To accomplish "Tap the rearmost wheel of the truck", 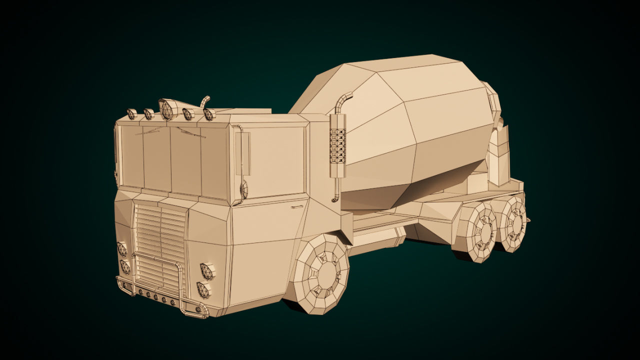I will (515, 224).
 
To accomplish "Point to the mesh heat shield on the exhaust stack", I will (338, 145).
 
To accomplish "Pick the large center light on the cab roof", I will (167, 109).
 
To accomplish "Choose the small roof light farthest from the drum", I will (132, 114).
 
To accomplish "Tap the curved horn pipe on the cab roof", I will (205, 101).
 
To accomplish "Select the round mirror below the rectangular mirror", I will (243, 190).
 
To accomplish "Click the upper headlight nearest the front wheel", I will (207, 271).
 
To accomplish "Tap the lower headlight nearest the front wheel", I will (203, 289).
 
